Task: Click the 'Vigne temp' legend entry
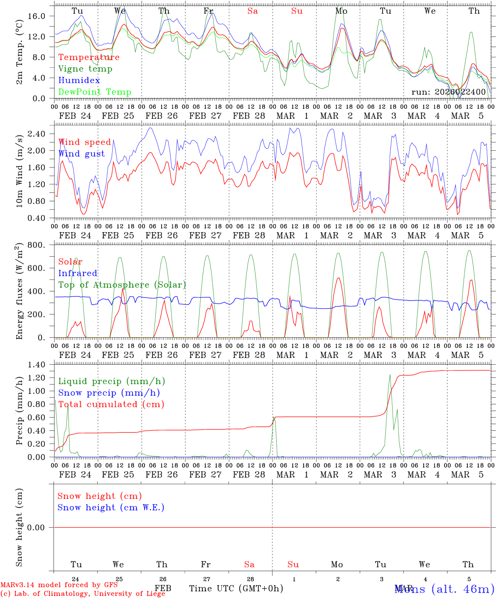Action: click(85, 69)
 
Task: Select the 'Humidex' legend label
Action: click(79, 81)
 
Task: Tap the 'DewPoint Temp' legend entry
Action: click(95, 92)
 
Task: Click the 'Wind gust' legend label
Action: click(81, 154)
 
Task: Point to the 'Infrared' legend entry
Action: click(78, 273)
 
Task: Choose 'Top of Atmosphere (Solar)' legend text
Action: click(122, 285)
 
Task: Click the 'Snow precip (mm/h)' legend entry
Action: click(109, 393)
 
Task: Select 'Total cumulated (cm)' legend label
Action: click(111, 404)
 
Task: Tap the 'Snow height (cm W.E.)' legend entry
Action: click(110, 507)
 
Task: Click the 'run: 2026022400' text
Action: click(448, 92)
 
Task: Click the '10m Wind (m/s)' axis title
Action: click(19, 171)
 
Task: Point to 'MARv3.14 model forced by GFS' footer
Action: click(59, 585)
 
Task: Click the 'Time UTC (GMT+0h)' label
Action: click(236, 588)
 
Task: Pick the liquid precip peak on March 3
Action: click(390, 375)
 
